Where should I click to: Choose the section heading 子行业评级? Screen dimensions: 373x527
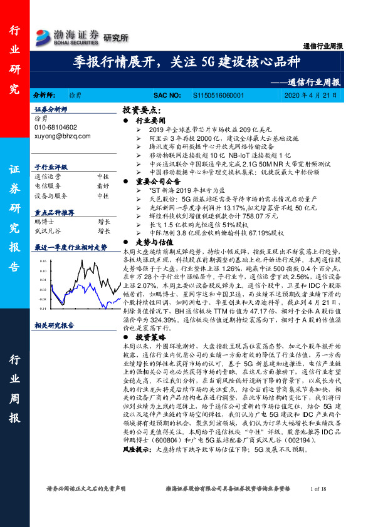(51, 168)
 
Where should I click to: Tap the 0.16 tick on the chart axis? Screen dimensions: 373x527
(43, 259)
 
